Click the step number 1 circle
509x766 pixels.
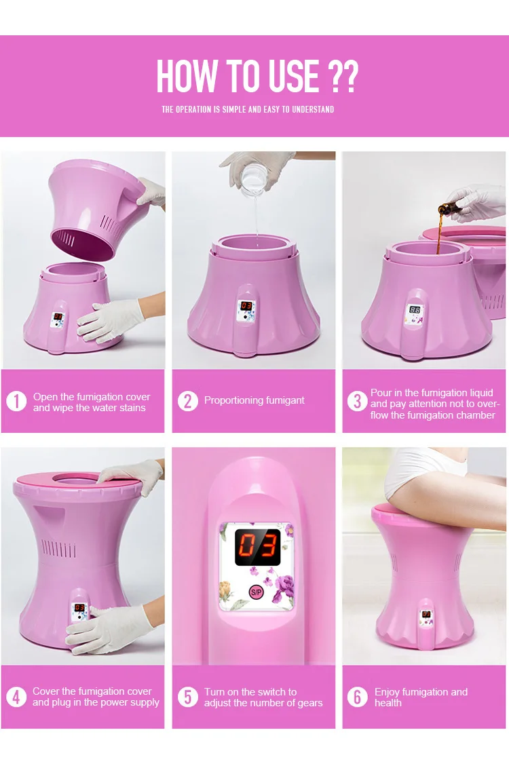(x=16, y=401)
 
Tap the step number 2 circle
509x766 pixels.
(x=187, y=401)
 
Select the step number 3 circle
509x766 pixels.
(x=358, y=401)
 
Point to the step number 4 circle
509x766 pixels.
(x=16, y=697)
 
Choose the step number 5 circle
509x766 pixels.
(x=187, y=697)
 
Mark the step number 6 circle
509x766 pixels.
(x=358, y=697)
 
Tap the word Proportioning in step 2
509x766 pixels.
(x=234, y=400)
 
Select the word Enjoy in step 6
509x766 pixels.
(x=388, y=692)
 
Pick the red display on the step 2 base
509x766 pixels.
(x=246, y=306)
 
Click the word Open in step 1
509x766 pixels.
(x=45, y=397)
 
